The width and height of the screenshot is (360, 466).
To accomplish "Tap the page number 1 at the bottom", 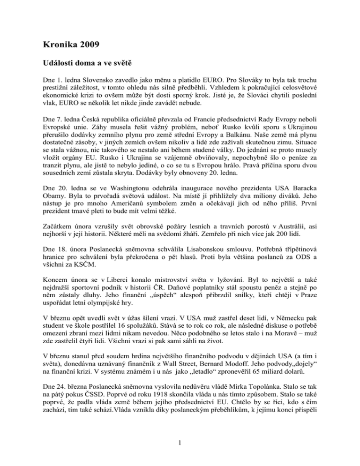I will pyautogui.click(x=180, y=444).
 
